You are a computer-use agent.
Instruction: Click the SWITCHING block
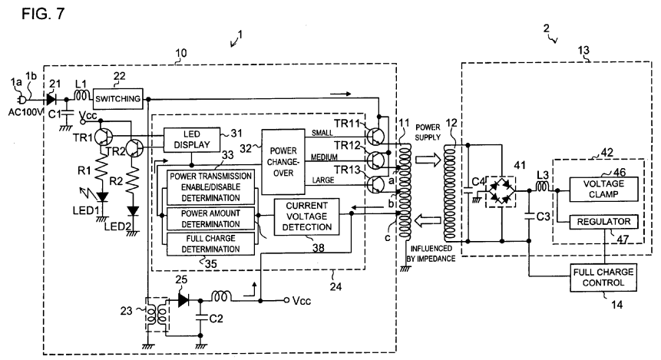click(117, 99)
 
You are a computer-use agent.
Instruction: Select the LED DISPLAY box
click(191, 140)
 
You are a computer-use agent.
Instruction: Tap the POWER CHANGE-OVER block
click(283, 162)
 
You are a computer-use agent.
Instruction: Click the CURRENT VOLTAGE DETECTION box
click(306, 216)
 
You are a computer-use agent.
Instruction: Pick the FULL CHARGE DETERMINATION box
click(211, 243)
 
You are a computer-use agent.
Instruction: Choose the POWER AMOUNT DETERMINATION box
click(211, 218)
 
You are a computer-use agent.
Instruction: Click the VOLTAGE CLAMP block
click(603, 190)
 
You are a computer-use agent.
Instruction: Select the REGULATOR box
click(603, 222)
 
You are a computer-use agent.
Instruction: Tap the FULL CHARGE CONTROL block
click(603, 278)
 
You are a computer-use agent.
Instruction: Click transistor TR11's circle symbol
click(375, 137)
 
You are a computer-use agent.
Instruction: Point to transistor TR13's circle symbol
click(375, 185)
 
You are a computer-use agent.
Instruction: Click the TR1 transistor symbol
click(103, 137)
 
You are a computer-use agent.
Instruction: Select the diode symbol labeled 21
click(51, 100)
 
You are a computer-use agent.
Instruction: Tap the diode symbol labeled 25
click(183, 300)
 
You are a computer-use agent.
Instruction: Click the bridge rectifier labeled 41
click(501, 191)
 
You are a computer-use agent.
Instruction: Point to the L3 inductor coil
click(542, 187)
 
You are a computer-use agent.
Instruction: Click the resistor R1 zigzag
click(101, 170)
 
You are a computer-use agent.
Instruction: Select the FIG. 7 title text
click(43, 14)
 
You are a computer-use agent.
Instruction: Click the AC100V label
click(25, 113)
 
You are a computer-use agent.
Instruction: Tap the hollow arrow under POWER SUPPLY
click(427, 160)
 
